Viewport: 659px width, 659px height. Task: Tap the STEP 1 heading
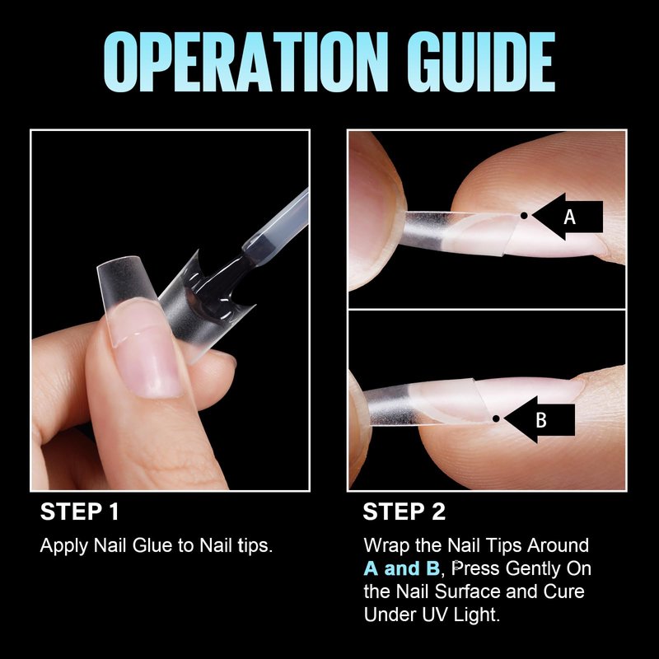(79, 512)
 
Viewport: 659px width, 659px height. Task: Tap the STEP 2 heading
(404, 512)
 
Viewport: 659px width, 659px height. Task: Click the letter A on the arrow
(569, 217)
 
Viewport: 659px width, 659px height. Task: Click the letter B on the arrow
(541, 420)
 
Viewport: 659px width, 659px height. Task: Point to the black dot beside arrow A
(524, 216)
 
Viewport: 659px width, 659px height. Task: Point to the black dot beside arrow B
(496, 418)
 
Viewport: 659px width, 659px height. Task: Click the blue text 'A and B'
(401, 568)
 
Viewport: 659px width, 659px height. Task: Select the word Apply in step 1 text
(64, 546)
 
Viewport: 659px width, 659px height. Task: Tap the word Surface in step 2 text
(467, 591)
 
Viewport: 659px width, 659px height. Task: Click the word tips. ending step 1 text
(255, 546)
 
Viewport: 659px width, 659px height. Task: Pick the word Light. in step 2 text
(477, 615)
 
